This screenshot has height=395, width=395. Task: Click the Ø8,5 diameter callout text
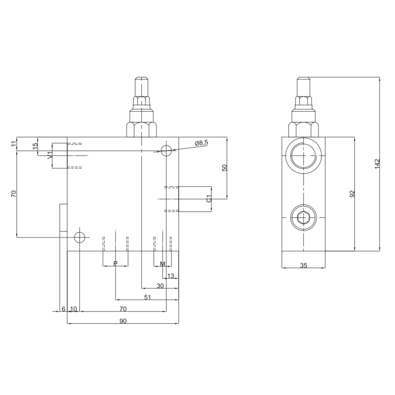tap(202, 143)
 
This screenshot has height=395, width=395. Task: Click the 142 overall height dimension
tap(377, 164)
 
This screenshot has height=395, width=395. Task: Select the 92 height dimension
tap(353, 194)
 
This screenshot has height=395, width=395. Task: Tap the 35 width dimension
tap(304, 265)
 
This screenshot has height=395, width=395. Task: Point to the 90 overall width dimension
tap(123, 321)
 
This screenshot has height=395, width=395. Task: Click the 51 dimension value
tap(147, 297)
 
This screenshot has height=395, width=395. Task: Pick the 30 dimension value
tap(160, 286)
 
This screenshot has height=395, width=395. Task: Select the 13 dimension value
tap(171, 276)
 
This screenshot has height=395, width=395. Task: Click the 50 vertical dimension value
tap(224, 167)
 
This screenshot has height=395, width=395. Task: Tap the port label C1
tap(209, 199)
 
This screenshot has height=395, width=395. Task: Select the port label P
tap(116, 264)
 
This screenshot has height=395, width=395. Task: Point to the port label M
tap(162, 264)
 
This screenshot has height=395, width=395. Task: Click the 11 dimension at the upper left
tap(14, 144)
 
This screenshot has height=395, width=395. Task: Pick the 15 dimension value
tap(35, 146)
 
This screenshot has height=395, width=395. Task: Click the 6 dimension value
tap(63, 309)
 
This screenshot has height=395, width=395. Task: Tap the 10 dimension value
tap(74, 309)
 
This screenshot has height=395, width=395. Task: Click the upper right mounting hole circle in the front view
tap(167, 150)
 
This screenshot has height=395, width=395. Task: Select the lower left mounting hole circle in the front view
tap(79, 237)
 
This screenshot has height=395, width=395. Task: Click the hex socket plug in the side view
tap(303, 217)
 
